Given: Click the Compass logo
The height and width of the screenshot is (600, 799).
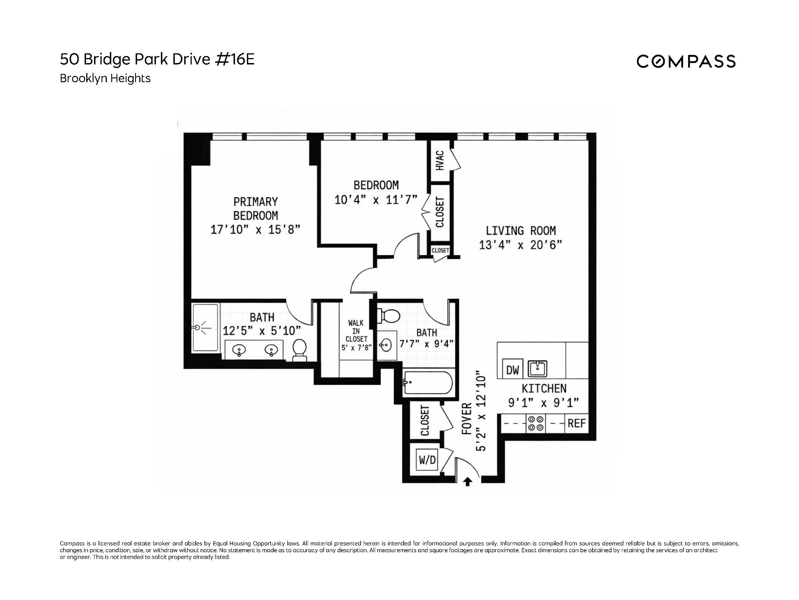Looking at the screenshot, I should point(686,61).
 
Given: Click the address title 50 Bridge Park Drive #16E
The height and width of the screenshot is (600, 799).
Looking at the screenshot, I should point(157,59).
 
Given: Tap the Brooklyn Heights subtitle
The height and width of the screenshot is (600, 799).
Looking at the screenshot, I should point(105,79).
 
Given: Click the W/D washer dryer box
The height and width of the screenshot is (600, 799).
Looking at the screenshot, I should point(427,460).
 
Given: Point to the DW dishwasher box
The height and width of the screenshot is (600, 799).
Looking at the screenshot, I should point(512,370).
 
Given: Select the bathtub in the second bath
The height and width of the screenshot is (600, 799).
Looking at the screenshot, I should point(428,383).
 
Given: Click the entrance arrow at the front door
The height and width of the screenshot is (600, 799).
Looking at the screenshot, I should point(467,482).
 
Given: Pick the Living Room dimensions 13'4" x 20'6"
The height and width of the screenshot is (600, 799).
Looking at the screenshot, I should point(520,245).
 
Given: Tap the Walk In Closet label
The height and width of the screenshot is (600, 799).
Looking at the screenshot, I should point(356,331).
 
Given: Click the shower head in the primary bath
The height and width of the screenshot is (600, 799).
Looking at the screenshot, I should point(198,328).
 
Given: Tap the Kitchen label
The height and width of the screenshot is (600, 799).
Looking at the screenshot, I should point(543,388).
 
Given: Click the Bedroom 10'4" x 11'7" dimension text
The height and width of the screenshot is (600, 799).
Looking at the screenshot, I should point(376,200).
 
